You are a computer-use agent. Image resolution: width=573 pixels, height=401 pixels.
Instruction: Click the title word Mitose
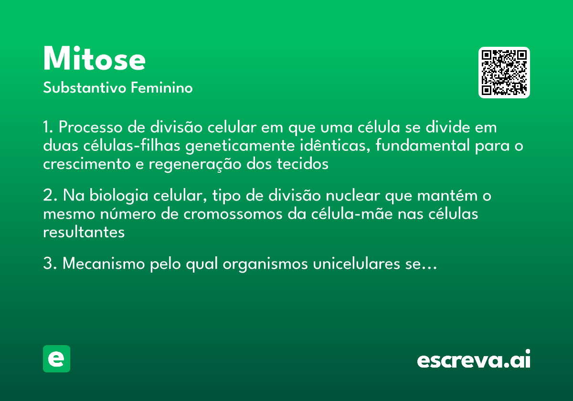point(94,59)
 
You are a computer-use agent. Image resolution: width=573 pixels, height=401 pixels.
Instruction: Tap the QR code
point(504,73)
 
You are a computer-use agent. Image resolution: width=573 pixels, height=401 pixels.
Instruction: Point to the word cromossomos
point(233,214)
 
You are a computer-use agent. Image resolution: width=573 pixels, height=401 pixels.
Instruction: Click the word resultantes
point(84,232)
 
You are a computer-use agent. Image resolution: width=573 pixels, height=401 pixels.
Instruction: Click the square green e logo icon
point(56,359)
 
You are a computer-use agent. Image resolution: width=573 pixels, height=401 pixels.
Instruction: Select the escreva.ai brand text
point(474,360)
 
